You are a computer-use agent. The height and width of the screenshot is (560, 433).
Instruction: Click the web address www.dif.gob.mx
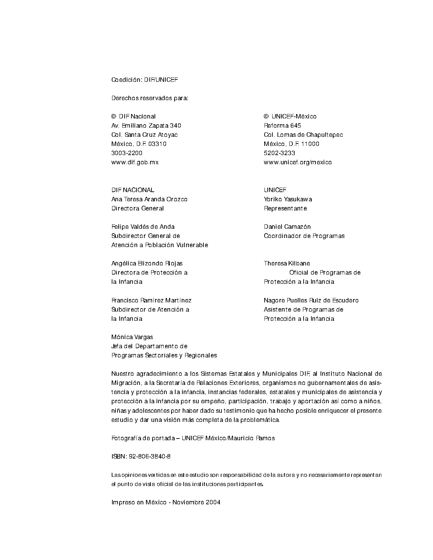pos(135,162)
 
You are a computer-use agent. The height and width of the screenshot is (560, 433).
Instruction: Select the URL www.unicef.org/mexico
pos(297,162)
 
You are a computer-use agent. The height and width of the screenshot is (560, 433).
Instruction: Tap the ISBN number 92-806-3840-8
pos(150,456)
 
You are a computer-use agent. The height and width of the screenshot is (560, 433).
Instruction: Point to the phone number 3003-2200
pos(127,153)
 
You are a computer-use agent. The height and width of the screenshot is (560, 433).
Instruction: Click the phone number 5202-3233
pos(279,153)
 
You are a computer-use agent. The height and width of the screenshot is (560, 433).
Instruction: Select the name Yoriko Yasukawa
pos(288,199)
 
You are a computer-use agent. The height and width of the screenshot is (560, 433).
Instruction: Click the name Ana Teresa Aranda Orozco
pos(149,199)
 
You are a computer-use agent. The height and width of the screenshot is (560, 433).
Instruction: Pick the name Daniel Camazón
pos(287,227)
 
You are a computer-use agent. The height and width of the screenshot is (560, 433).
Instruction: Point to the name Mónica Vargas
pos(132,337)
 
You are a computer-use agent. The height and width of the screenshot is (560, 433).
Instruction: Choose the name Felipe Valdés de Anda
pos(143,227)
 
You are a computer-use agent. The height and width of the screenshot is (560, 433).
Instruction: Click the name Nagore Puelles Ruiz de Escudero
pos(311,300)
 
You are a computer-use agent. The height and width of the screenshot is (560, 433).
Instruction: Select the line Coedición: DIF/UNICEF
pos(144,80)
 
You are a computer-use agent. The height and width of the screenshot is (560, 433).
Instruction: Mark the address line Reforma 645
pos(282,126)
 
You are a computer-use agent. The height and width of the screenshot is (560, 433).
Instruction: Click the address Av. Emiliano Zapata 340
pos(146,126)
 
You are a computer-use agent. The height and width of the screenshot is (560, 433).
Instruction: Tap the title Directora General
pos(138,208)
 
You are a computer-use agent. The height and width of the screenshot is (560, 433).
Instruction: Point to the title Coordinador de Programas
pos(304,236)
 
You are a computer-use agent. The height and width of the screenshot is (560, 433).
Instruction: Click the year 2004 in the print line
pos(213,502)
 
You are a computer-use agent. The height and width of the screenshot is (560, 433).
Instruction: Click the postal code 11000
pos(310,144)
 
